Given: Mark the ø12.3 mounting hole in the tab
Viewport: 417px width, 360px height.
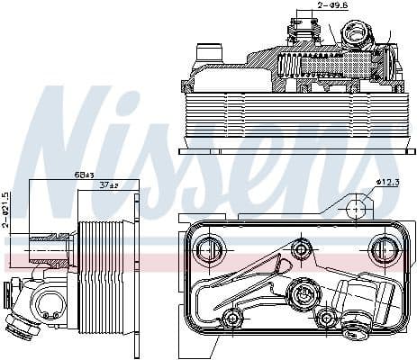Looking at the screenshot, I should pyautogui.click(x=358, y=209).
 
